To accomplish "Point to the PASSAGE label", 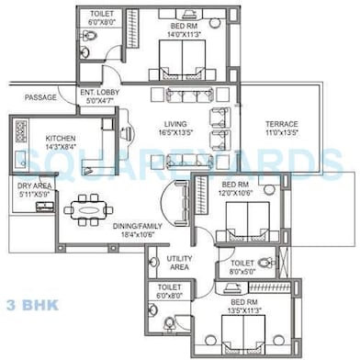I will click(x=41, y=97).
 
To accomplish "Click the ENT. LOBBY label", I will click(x=99, y=93).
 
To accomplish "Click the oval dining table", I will click(x=89, y=209).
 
